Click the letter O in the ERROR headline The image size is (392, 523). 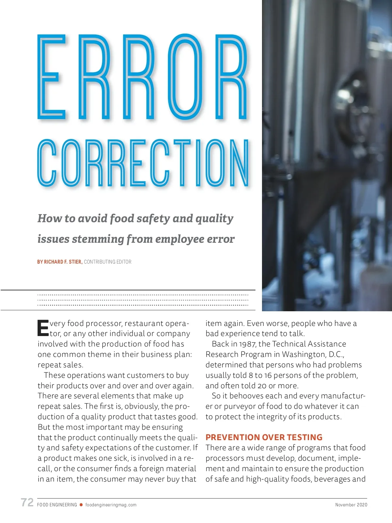187,77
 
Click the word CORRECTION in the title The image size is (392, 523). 144,163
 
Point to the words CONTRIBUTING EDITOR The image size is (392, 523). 107,262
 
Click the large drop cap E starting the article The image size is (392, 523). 43,328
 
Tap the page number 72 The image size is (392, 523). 27,502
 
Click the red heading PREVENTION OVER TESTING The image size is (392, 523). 264,437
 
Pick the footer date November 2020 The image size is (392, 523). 351,505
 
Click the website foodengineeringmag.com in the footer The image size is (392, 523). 111,505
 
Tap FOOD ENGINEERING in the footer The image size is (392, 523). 57,505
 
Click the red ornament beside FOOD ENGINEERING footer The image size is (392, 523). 81,505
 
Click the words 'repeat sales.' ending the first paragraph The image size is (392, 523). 60,365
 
